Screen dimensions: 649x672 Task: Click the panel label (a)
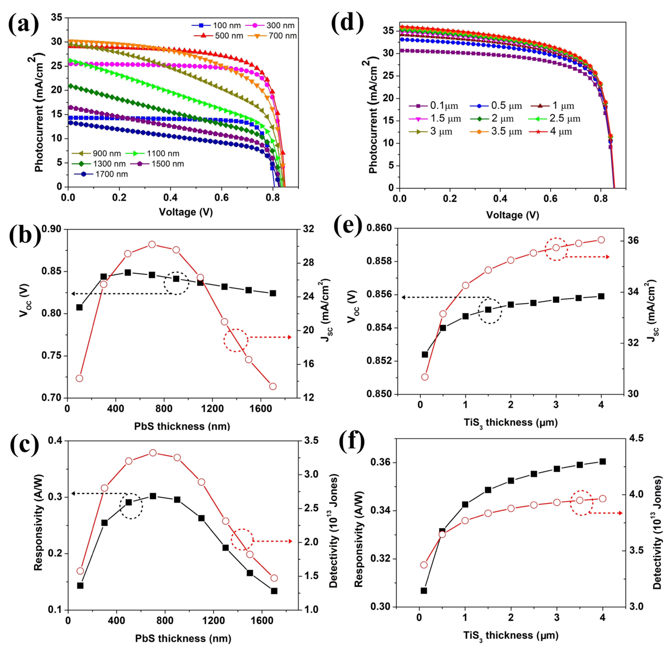(23, 24)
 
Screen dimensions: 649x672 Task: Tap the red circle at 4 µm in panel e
(601, 240)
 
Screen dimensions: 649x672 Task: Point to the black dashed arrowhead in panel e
(404, 297)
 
